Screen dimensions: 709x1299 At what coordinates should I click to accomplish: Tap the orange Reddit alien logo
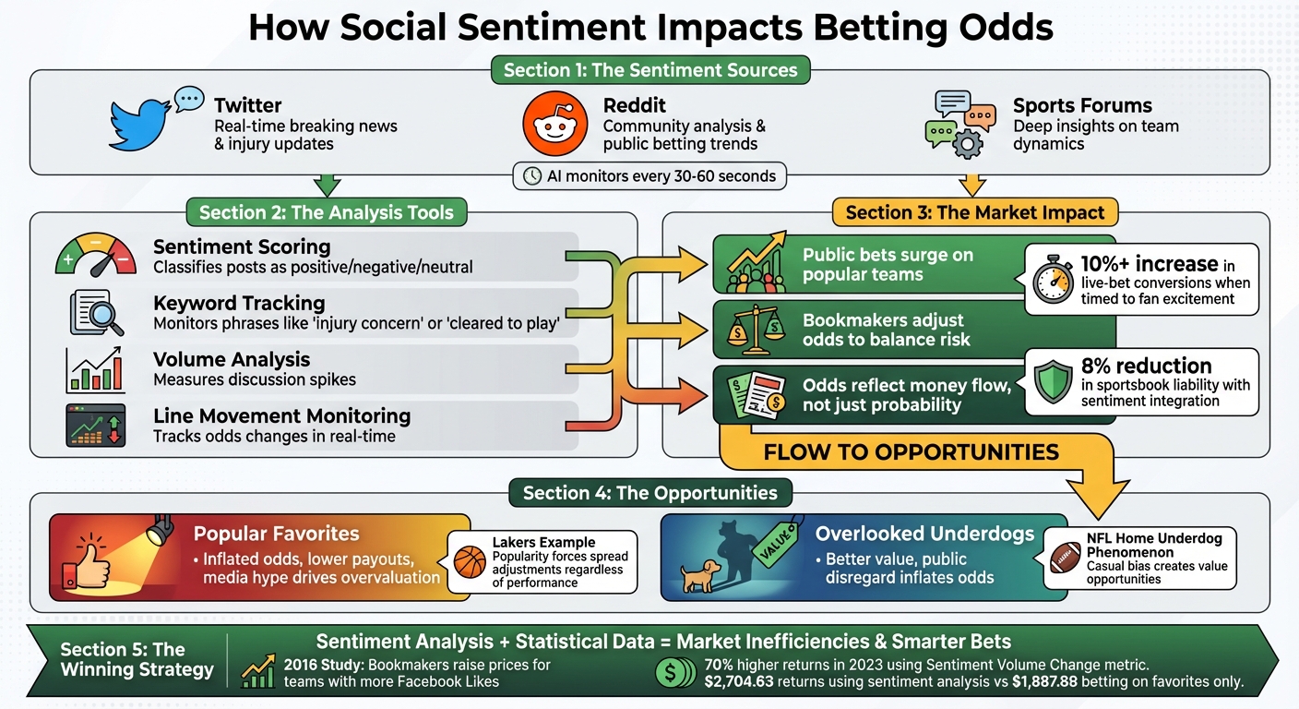click(554, 125)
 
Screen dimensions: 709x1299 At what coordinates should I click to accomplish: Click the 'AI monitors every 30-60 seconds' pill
click(649, 175)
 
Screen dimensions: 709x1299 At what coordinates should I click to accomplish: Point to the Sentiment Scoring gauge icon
click(96, 257)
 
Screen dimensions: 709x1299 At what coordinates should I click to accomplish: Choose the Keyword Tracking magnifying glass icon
click(96, 313)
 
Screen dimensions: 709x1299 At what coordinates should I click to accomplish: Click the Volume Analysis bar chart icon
click(96, 369)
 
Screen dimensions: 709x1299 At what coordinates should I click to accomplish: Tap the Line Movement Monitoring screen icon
click(96, 425)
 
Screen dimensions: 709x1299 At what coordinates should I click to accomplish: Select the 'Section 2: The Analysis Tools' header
click(327, 212)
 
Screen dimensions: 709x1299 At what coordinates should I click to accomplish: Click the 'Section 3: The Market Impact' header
click(975, 212)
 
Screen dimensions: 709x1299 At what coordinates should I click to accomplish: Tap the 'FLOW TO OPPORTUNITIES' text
click(910, 451)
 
